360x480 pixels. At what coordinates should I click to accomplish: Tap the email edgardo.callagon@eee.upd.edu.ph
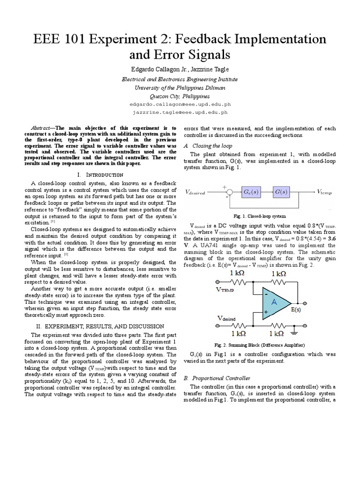[180, 104]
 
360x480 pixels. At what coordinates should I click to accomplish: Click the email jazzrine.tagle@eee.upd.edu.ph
[180, 112]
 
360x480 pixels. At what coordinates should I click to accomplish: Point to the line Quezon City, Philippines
[180, 96]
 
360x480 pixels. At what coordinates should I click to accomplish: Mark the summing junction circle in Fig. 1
[229, 192]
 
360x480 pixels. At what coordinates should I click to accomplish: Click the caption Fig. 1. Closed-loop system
[260, 217]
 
